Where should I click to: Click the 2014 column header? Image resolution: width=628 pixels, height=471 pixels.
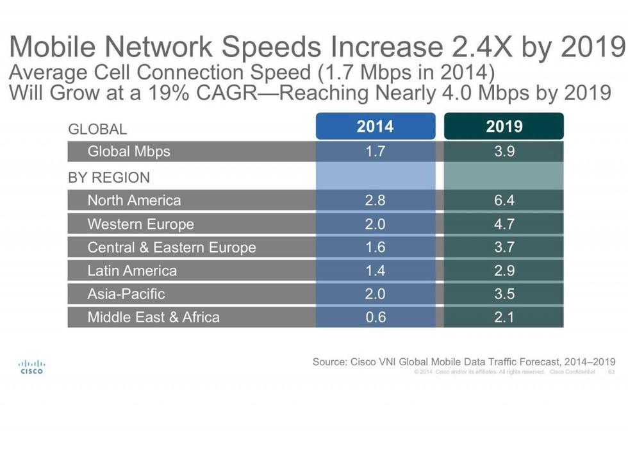click(x=375, y=126)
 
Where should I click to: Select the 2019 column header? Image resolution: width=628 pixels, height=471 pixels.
click(x=504, y=126)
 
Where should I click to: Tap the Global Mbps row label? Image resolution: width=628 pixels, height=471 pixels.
click(x=129, y=152)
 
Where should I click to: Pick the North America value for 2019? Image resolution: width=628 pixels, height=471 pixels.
click(x=504, y=201)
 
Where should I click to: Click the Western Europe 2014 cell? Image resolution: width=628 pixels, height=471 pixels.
click(x=375, y=224)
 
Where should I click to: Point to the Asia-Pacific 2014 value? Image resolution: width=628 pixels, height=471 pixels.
click(x=375, y=294)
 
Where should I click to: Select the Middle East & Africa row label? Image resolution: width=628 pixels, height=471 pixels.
click(x=153, y=317)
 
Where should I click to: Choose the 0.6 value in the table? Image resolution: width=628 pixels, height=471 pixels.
click(x=375, y=317)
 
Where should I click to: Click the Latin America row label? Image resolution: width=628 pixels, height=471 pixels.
click(x=132, y=270)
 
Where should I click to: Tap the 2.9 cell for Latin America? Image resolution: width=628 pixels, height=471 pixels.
click(x=504, y=270)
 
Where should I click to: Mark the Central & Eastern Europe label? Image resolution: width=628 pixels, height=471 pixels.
click(x=172, y=247)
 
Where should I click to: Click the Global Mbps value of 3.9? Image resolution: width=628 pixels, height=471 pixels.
click(x=504, y=152)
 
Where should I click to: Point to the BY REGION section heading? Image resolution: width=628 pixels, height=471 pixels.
click(x=109, y=178)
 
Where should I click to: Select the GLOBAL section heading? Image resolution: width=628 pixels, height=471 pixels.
click(x=97, y=129)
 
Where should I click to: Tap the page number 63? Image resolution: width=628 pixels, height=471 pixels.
click(x=611, y=372)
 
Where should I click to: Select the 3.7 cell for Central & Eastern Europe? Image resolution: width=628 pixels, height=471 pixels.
click(x=504, y=247)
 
